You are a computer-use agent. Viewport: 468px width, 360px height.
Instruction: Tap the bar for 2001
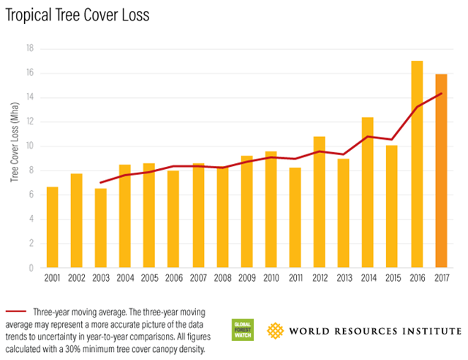(x=52, y=228)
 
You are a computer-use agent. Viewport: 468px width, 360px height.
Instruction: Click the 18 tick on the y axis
(x=30, y=48)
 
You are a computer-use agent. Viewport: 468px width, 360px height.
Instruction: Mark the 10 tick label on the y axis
(x=30, y=146)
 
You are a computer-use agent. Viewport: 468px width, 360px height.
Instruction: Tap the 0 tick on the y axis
(x=32, y=269)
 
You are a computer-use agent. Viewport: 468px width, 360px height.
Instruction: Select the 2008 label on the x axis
(x=222, y=280)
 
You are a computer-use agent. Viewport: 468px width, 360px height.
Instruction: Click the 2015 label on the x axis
(x=393, y=280)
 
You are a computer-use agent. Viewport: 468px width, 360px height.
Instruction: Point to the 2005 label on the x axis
(x=149, y=280)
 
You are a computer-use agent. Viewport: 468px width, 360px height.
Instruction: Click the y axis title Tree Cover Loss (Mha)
(x=14, y=157)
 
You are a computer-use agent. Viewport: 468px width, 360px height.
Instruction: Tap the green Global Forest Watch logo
(x=241, y=329)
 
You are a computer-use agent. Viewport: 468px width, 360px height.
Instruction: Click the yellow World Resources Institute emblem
(x=274, y=329)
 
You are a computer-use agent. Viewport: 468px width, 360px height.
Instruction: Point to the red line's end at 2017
(x=441, y=93)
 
